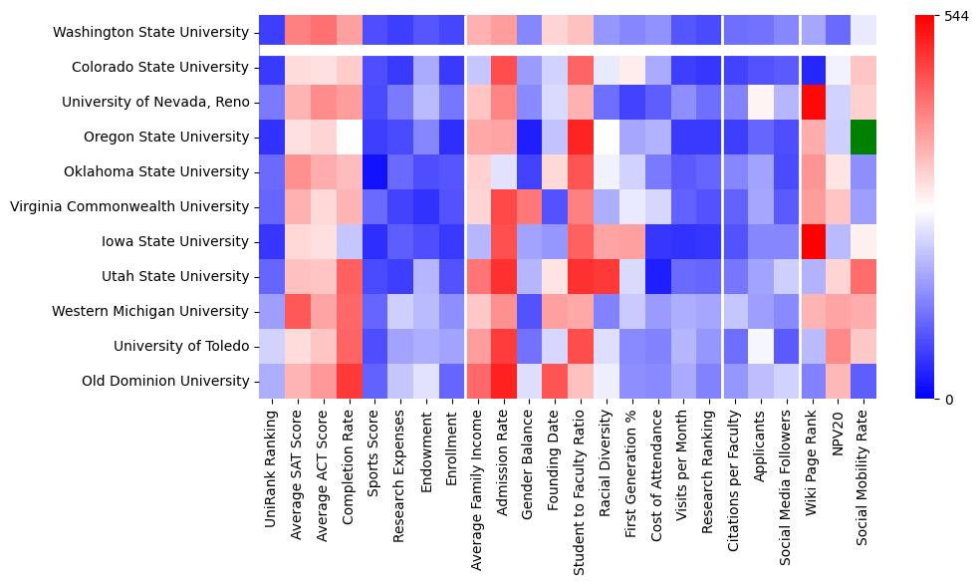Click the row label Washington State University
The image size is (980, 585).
click(x=151, y=32)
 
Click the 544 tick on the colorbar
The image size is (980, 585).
click(x=956, y=17)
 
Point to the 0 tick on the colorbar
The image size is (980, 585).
click(x=948, y=400)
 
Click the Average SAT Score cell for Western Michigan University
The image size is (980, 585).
click(x=297, y=311)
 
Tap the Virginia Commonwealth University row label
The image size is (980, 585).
click(x=129, y=206)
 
